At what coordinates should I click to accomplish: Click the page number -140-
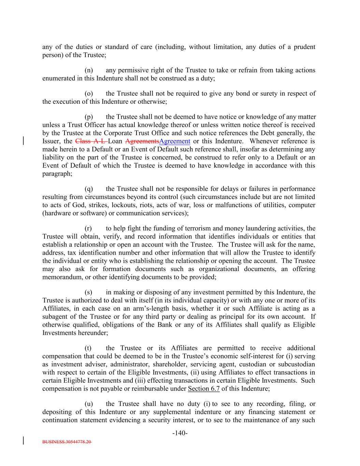(x=180, y=433)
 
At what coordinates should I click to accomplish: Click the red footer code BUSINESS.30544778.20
(x=67, y=442)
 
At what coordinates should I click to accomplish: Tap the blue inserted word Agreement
(x=175, y=141)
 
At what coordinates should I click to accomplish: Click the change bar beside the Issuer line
(x=23, y=141)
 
